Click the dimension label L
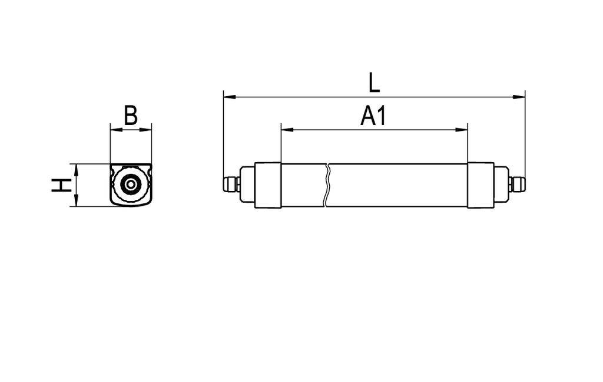tap(374, 83)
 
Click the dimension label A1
tap(373, 117)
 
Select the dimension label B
tap(131, 116)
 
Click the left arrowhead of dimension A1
tap(286, 130)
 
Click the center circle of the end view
tap(131, 185)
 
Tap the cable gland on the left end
tap(230, 185)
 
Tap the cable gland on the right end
tap(518, 185)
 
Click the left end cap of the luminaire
tap(268, 185)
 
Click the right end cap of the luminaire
tap(481, 185)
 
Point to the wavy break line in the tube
tap(327, 185)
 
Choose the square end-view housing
tap(131, 185)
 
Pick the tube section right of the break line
tap(397, 185)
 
